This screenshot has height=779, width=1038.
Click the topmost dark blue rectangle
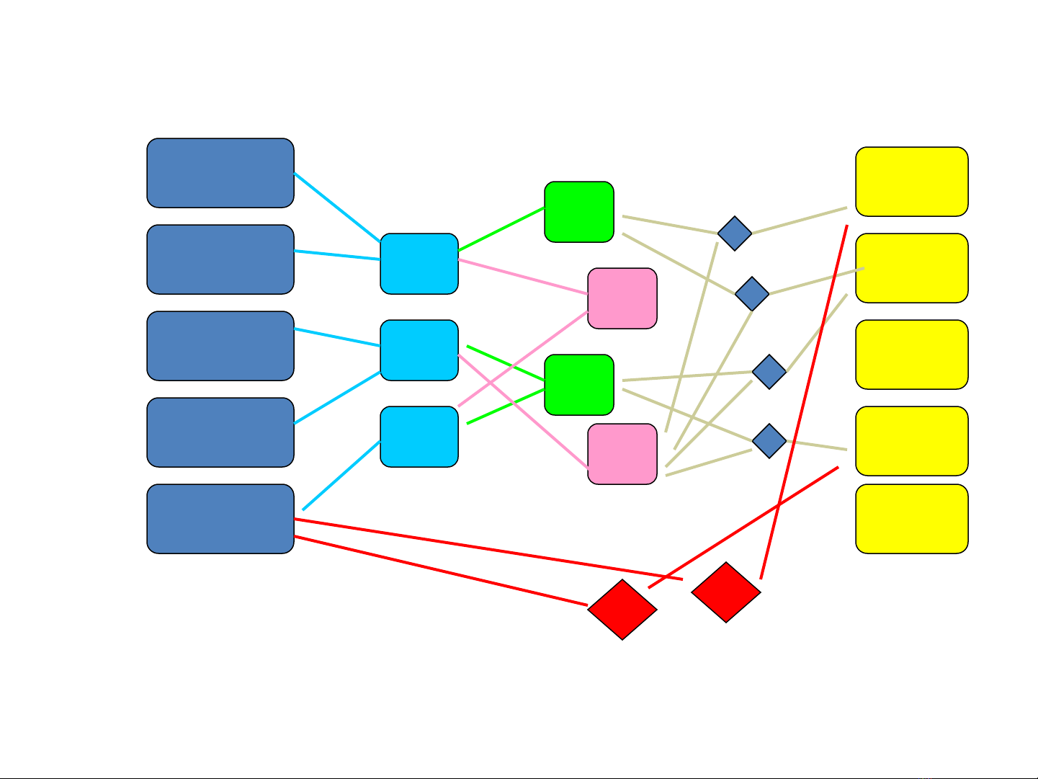pyautogui.click(x=220, y=173)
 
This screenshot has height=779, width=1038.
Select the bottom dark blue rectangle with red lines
pyautogui.click(x=220, y=519)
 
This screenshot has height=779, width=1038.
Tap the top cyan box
pyautogui.click(x=419, y=264)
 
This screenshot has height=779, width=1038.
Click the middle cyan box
pyautogui.click(x=419, y=350)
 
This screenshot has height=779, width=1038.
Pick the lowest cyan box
pyautogui.click(x=419, y=437)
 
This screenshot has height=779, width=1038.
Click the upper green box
pyautogui.click(x=579, y=212)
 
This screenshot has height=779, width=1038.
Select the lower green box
pyautogui.click(x=579, y=385)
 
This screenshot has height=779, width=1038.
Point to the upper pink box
pyautogui.click(x=622, y=298)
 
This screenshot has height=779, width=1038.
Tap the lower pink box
pyautogui.click(x=622, y=454)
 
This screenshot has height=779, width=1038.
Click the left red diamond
pyautogui.click(x=622, y=610)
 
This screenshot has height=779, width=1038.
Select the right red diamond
pyautogui.click(x=726, y=592)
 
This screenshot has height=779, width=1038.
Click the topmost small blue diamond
pyautogui.click(x=735, y=233)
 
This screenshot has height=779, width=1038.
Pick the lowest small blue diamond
pyautogui.click(x=769, y=441)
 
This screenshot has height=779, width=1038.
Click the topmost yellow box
pyautogui.click(x=912, y=182)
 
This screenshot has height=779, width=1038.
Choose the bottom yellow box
pyautogui.click(x=912, y=519)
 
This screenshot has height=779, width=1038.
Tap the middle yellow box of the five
pyautogui.click(x=912, y=355)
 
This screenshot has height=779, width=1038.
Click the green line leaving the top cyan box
pyautogui.click(x=501, y=229)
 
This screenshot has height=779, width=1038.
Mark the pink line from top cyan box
pyautogui.click(x=523, y=277)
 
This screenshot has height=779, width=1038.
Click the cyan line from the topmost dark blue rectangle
pyautogui.click(x=337, y=208)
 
